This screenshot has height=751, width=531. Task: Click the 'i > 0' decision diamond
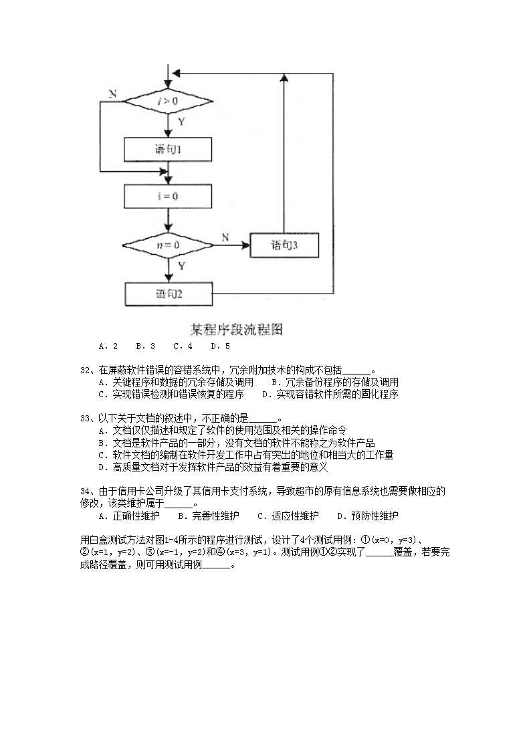[169, 102]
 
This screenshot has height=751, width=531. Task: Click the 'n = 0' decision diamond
[169, 245]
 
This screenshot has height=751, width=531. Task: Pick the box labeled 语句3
[284, 245]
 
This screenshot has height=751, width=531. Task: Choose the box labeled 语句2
[169, 293]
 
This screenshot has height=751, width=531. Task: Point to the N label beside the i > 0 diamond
[112, 94]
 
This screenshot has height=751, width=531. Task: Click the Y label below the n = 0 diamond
[181, 266]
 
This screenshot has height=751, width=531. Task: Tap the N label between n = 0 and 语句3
[225, 237]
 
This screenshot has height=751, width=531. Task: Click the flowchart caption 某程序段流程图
[237, 329]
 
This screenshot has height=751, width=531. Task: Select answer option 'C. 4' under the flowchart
[183, 346]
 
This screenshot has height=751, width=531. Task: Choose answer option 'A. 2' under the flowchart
[108, 346]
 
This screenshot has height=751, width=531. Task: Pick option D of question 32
[330, 394]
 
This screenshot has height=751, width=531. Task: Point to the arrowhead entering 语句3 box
[246, 245]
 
